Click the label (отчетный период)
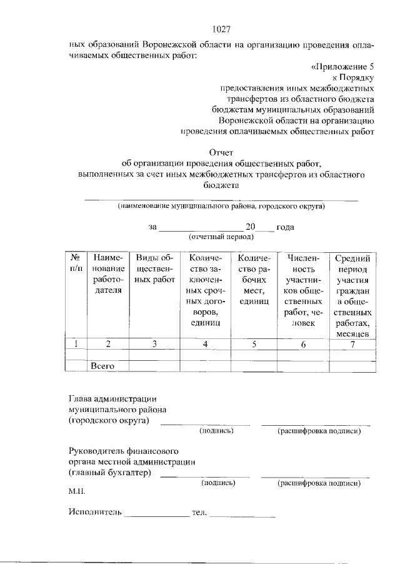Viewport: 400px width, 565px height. [x=221, y=237]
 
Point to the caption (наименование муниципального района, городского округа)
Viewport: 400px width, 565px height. [x=221, y=205]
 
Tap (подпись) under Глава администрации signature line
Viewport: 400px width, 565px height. [x=217, y=431]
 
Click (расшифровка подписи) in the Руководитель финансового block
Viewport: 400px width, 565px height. [x=319, y=483]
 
